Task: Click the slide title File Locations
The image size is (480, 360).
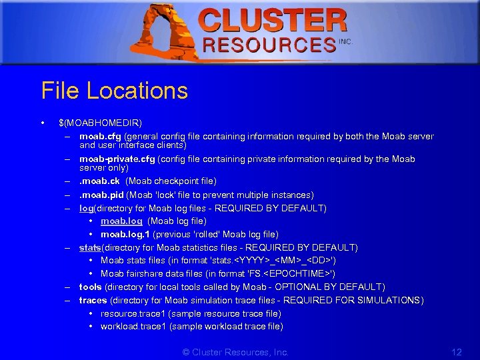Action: click(x=114, y=91)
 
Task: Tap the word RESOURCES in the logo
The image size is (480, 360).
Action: click(x=269, y=45)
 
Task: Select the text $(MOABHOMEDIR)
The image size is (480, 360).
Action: click(x=100, y=123)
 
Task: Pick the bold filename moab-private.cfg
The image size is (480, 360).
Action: click(x=117, y=159)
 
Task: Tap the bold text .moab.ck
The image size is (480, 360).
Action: click(x=101, y=181)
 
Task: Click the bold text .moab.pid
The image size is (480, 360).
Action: click(x=102, y=195)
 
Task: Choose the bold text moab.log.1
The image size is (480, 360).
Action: click(x=125, y=234)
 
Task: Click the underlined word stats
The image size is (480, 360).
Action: click(x=90, y=247)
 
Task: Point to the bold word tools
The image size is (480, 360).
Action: click(x=91, y=287)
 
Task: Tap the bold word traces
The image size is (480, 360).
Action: click(x=93, y=300)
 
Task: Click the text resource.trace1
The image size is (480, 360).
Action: click(x=133, y=313)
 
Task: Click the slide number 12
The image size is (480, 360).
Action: click(x=457, y=352)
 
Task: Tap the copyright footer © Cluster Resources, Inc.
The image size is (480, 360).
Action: click(x=235, y=352)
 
